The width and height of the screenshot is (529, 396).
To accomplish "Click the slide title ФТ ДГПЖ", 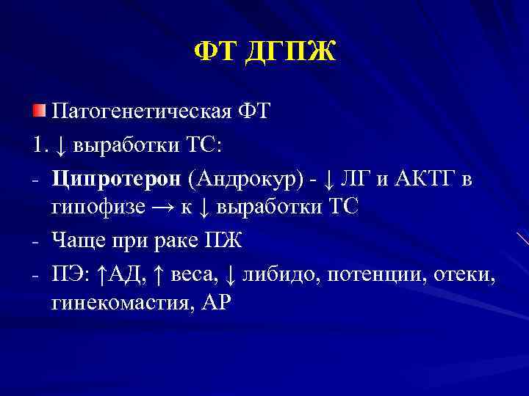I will point(264,53).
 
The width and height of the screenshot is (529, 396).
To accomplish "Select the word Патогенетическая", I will point(140,112).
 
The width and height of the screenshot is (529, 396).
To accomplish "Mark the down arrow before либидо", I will point(231,274).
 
